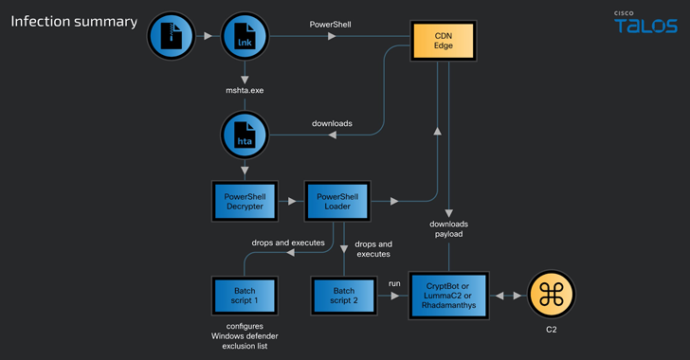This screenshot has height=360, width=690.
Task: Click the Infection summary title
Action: point(73,21)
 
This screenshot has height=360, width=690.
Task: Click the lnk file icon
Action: point(245,38)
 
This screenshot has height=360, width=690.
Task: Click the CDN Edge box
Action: point(443,42)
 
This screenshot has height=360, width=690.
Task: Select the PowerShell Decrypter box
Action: point(245,201)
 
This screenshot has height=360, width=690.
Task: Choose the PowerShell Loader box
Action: point(335,201)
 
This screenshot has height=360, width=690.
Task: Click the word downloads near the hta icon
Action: point(333,123)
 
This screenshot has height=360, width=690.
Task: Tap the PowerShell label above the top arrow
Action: point(332,22)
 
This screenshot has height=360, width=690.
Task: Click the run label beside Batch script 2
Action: point(394,281)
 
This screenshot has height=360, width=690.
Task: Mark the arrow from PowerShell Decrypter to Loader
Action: point(291,202)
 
